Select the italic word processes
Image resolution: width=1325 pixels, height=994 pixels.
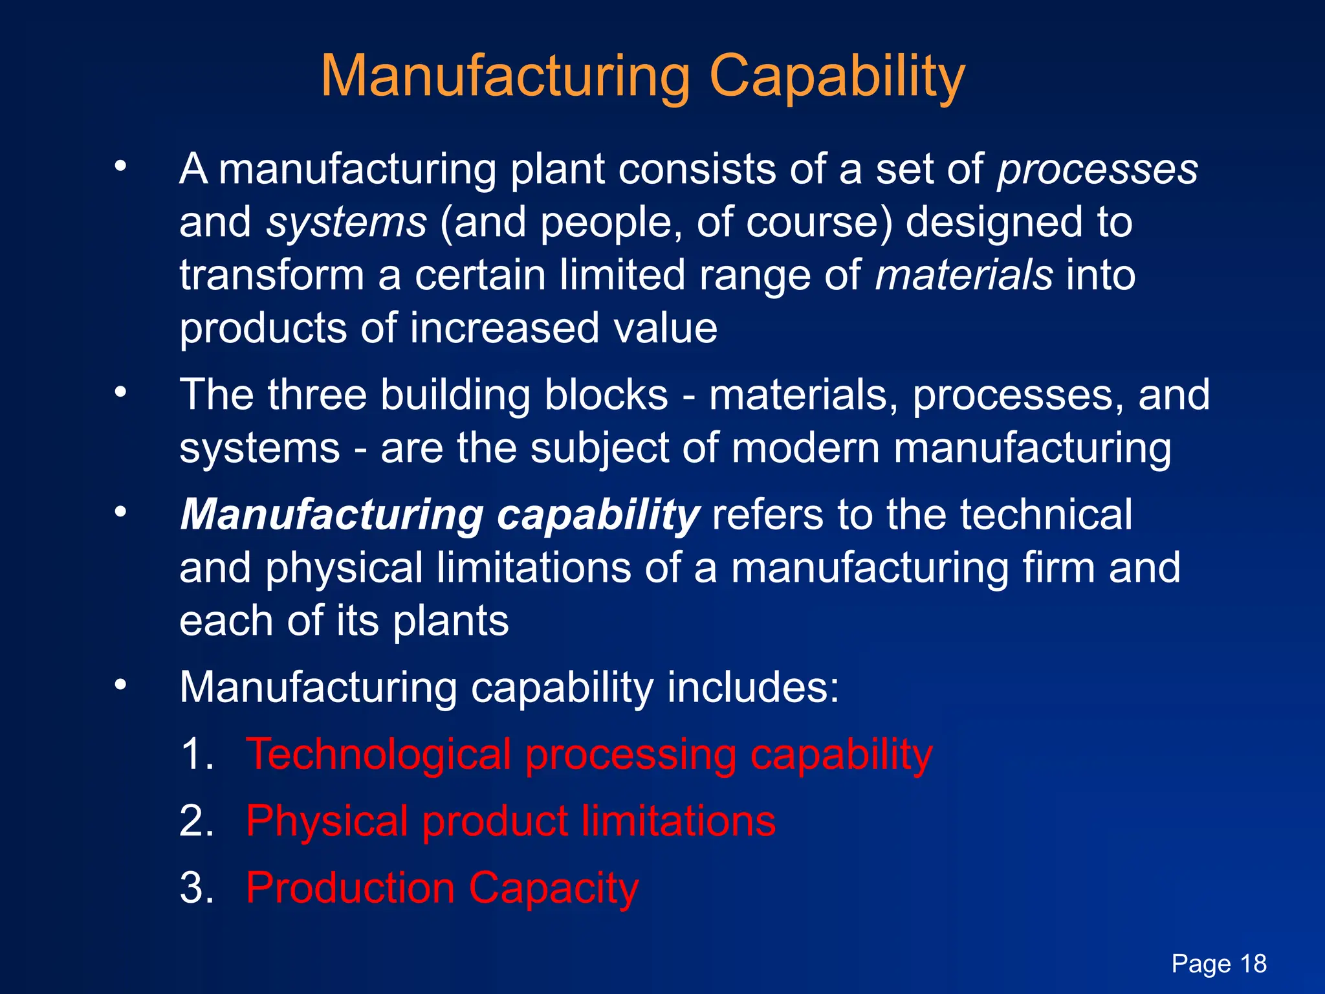point(1097,170)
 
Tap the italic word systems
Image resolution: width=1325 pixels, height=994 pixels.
point(347,223)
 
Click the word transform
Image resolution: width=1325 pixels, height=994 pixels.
point(272,275)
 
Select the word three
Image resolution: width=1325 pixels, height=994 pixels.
point(317,395)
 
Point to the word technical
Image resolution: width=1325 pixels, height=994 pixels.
point(1046,516)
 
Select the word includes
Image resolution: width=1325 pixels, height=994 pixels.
point(752,687)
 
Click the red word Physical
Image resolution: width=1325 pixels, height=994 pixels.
point(327,821)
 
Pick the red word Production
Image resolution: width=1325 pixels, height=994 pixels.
point(350,888)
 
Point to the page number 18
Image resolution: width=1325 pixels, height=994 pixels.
point(1253,964)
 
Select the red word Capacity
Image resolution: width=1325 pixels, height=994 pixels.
point(554,888)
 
